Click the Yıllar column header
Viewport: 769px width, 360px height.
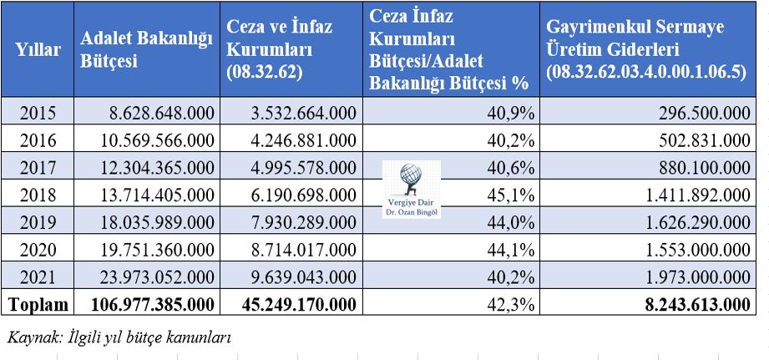[x=38, y=50]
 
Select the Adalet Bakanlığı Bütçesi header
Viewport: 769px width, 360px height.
[x=143, y=50]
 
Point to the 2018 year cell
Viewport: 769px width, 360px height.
[x=38, y=196]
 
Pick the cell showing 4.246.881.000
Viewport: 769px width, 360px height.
[x=294, y=139]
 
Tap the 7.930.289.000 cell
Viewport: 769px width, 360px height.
[x=294, y=225]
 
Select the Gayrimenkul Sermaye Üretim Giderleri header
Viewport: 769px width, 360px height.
[x=643, y=50]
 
